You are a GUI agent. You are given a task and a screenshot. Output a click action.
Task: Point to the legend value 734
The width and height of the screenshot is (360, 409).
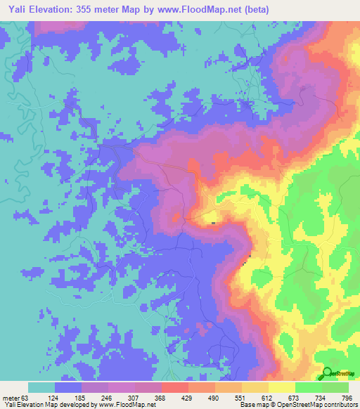[321, 397]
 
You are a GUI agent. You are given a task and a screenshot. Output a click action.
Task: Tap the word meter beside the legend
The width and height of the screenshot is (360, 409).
[11, 397]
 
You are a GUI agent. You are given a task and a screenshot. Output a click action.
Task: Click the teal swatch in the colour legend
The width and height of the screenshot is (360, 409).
[41, 387]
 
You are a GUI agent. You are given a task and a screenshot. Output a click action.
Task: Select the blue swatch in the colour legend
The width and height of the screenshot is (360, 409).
[68, 387]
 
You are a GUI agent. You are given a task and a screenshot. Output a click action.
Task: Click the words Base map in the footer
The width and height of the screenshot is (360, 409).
[252, 405]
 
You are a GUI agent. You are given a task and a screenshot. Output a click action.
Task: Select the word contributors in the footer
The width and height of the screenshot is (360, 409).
[337, 405]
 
